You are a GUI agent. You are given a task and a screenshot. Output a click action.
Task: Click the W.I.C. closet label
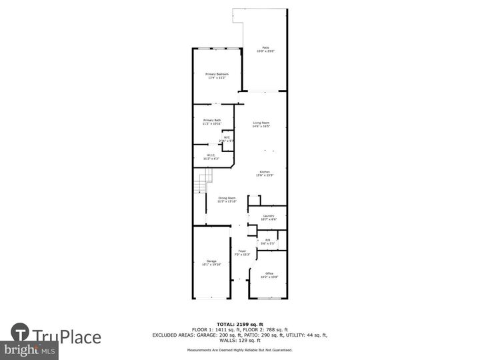[210, 157]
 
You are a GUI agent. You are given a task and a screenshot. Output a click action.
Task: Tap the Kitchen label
[265, 174]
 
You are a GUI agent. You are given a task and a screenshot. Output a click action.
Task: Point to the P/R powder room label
[267, 241]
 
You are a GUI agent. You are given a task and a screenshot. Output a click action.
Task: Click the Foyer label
[242, 253]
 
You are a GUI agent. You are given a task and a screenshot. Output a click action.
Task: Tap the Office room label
[269, 275]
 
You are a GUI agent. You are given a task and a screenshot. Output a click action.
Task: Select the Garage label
[211, 262]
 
